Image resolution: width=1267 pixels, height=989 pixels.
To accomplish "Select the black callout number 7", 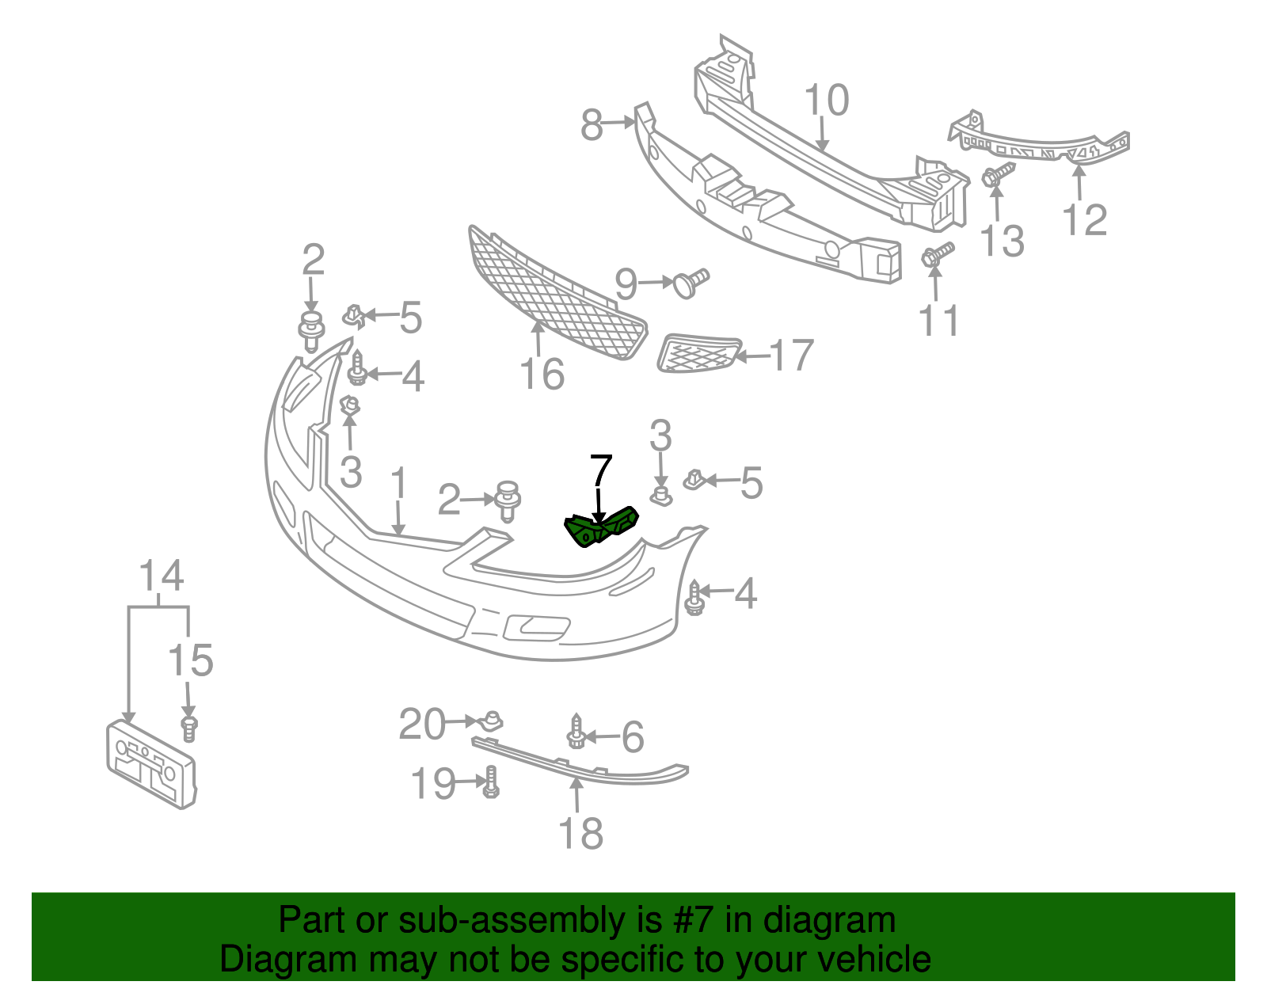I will pos(601,472).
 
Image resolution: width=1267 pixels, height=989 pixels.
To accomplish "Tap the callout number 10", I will pos(826,101).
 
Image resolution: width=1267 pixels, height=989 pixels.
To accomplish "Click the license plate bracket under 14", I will pos(150,763).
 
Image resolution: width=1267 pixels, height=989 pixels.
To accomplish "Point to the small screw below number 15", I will pos(189,728).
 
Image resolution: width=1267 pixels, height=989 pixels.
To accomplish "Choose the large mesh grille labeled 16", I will pos(554,297).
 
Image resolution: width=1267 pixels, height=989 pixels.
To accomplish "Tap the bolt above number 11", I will pos(937,255).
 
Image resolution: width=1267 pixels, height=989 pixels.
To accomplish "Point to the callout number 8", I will pos(592,125).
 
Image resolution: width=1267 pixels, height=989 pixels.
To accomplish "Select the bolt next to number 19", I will pos(491,782).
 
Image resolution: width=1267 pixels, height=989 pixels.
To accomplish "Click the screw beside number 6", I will pos(576,732).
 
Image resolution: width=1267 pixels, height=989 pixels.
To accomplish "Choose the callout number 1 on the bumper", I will pos(398,485).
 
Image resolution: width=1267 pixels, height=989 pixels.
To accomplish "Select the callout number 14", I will pos(162,576).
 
